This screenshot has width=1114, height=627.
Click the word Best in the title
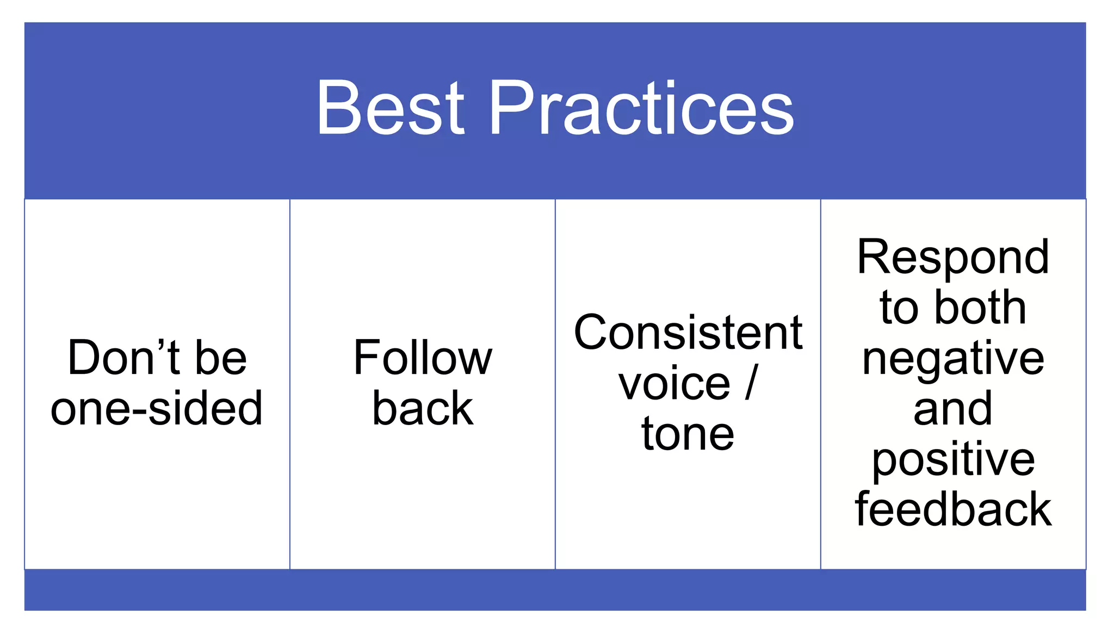(x=390, y=108)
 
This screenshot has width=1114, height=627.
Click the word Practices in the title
(x=642, y=108)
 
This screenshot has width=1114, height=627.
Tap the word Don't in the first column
(x=123, y=358)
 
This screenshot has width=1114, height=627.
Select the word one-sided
(x=157, y=408)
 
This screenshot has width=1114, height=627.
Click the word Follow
(x=423, y=358)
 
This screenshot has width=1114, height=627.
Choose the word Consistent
(x=688, y=333)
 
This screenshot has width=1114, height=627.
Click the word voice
(x=674, y=383)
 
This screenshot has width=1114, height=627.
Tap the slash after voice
(x=751, y=383)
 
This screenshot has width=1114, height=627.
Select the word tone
(x=688, y=434)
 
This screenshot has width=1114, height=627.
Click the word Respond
(x=953, y=257)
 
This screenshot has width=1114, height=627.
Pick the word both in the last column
(x=980, y=308)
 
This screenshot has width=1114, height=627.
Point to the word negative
(x=953, y=359)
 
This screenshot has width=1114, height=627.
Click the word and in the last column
(x=953, y=409)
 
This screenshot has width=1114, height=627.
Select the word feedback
(x=953, y=509)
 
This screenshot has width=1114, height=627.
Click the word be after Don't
(x=221, y=358)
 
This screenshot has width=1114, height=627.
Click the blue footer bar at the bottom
(x=555, y=590)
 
